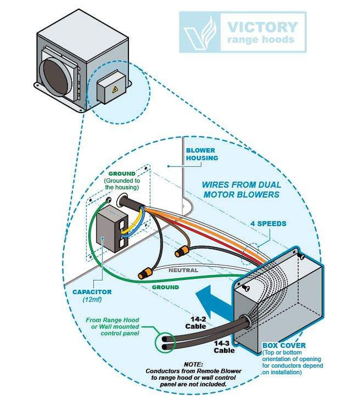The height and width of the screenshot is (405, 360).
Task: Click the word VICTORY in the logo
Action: pos(262,26)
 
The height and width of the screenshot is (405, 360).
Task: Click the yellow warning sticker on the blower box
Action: pos(114,89)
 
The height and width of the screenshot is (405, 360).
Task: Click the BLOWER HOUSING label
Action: pos(201,154)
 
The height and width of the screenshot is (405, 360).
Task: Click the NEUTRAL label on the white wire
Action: pos(184,270)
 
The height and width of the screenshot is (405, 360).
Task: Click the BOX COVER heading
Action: pos(284,345)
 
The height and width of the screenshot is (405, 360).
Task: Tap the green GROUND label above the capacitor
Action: pos(122,174)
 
